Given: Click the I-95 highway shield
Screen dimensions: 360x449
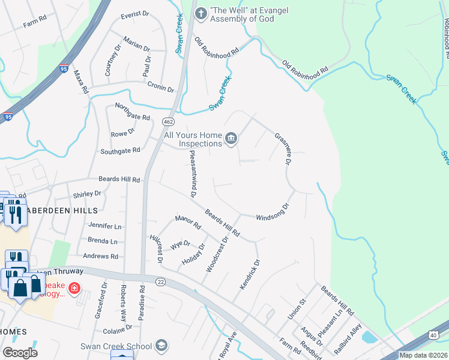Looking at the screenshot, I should coord(7,117).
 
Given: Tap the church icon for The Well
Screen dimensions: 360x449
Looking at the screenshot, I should coord(200,12).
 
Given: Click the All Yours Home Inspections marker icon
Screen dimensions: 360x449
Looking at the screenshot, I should coord(231,139).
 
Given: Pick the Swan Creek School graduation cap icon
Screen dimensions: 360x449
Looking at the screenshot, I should coord(161,346).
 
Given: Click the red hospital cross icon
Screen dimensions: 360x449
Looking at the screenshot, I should coord(74,289).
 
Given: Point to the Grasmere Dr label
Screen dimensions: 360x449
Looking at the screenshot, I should coord(283,149).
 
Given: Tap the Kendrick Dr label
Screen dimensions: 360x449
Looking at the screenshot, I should coord(250,274).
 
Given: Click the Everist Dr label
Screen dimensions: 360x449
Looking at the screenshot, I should coord(134,16).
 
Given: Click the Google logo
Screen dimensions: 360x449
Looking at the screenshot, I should coord(20,353).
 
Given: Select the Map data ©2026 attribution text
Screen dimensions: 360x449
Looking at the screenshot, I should coord(423,355).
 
